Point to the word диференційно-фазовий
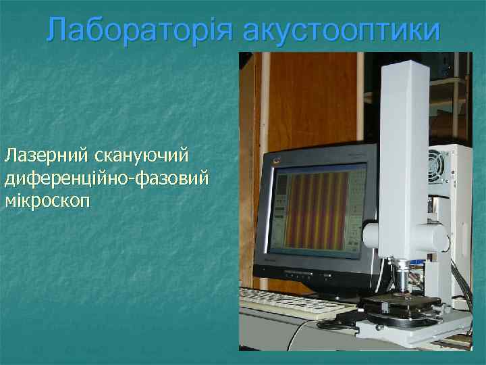point(107,178)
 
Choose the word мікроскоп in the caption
point(49,201)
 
